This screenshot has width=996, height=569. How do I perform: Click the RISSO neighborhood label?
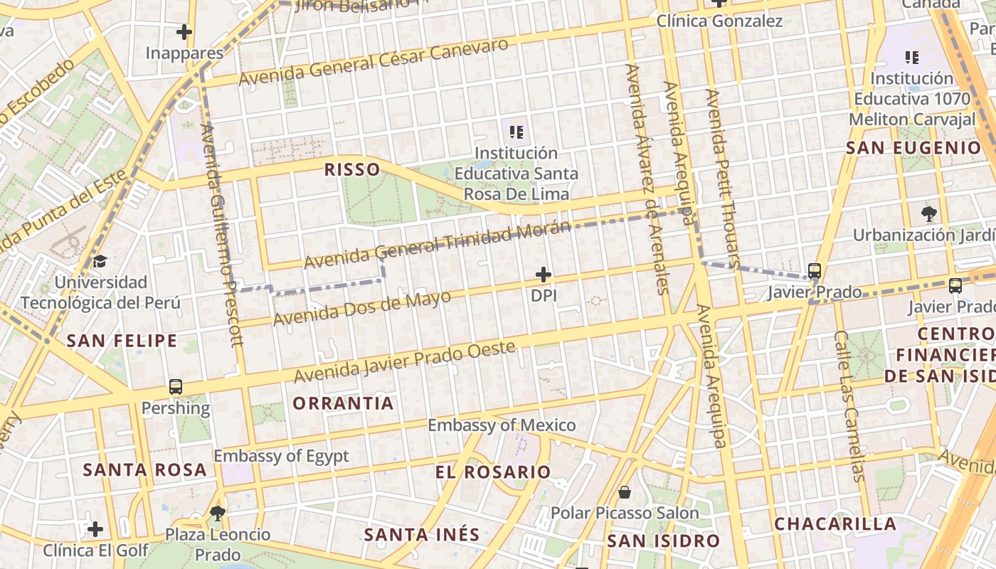351,169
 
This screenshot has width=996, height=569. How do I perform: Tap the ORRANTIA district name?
343,403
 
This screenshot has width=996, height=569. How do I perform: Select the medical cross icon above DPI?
544,275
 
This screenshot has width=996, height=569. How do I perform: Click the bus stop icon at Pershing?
176,387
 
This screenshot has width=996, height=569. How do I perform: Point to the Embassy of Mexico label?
502,425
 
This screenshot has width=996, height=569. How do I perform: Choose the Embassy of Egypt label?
281,456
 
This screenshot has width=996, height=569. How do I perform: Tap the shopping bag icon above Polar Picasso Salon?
625,491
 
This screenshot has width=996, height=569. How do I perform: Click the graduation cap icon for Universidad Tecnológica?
100,261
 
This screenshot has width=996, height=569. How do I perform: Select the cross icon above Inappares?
184,32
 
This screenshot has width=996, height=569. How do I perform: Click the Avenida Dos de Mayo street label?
362,308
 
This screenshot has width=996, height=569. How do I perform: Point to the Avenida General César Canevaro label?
373,62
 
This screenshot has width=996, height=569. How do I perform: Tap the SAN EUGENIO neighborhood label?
913,148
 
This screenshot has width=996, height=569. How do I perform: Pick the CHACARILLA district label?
835,524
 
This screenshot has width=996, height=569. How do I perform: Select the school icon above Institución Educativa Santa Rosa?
516,132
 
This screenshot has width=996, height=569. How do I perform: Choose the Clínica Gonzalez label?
719,21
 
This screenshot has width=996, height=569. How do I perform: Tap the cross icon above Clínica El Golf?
95,529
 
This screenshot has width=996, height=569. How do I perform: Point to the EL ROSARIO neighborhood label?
493,472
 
